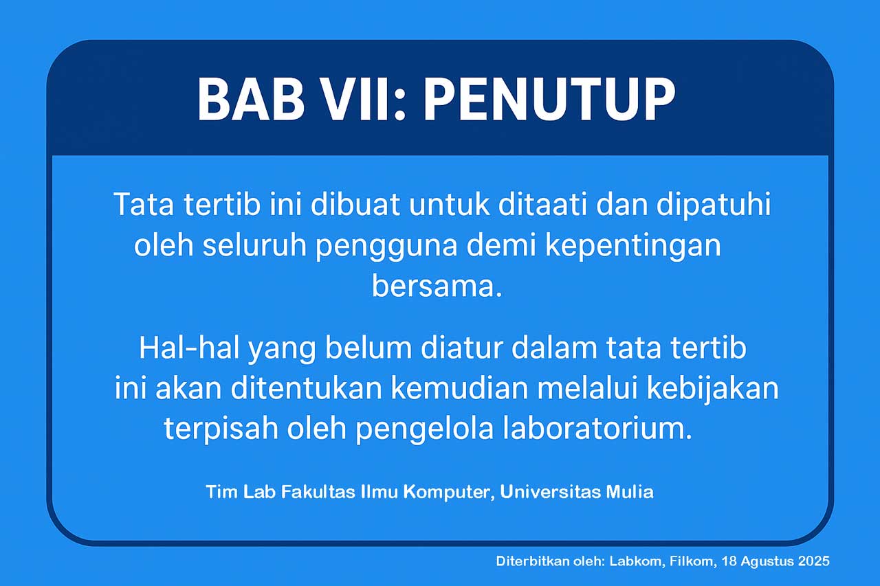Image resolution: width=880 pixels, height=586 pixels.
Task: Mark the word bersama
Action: pyautogui.click(x=437, y=286)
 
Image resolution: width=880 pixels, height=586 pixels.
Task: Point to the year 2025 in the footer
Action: pyautogui.click(x=814, y=561)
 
